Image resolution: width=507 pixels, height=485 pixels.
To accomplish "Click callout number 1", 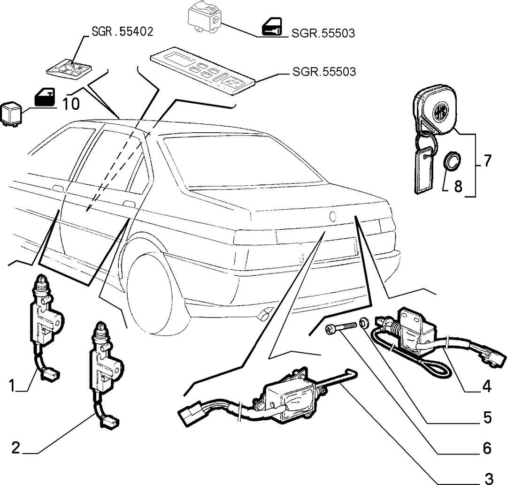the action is tap(12, 386).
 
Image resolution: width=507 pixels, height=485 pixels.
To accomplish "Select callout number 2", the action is tap(16, 448).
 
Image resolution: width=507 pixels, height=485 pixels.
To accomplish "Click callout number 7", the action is tap(487, 160).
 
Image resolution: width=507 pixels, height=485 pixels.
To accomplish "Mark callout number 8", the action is tap(458, 186).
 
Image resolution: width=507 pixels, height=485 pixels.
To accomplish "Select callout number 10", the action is tap(70, 104).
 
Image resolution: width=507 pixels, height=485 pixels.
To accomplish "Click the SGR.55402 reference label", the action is tap(122, 32).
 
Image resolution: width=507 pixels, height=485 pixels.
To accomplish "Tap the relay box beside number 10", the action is tap(11, 114).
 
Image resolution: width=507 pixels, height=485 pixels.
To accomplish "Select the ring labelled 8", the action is tap(452, 160).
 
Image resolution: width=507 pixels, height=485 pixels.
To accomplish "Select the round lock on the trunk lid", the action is tap(332, 216).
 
